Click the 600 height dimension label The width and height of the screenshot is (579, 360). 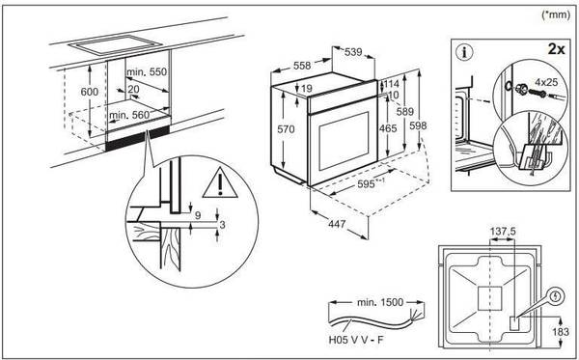coord(90,91)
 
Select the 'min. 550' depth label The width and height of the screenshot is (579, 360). coord(147,71)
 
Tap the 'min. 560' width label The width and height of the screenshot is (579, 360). coord(129,115)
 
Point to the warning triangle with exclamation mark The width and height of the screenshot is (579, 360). coord(220,182)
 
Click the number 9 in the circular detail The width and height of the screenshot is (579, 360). coord(198,215)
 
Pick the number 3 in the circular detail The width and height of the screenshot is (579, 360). coord(222,224)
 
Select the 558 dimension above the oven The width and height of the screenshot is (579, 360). coord(302,66)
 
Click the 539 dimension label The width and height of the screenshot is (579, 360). coord(353,52)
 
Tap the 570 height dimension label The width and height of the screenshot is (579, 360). coord(287,129)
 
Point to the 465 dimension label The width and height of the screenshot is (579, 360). coord(388,128)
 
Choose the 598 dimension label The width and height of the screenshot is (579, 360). coord(418,125)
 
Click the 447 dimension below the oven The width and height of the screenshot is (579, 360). coord(337,224)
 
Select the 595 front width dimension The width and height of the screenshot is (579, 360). coord(366,184)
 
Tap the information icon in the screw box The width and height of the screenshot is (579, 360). coord(464,52)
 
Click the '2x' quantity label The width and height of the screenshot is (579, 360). coord(556,48)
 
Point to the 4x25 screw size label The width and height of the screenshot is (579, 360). coord(546,82)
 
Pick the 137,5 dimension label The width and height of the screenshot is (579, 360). coord(503,232)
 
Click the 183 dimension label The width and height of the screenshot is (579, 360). coord(561,332)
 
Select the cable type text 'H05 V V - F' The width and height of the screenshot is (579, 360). coord(355,340)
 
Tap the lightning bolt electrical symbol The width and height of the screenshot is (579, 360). coord(556,296)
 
